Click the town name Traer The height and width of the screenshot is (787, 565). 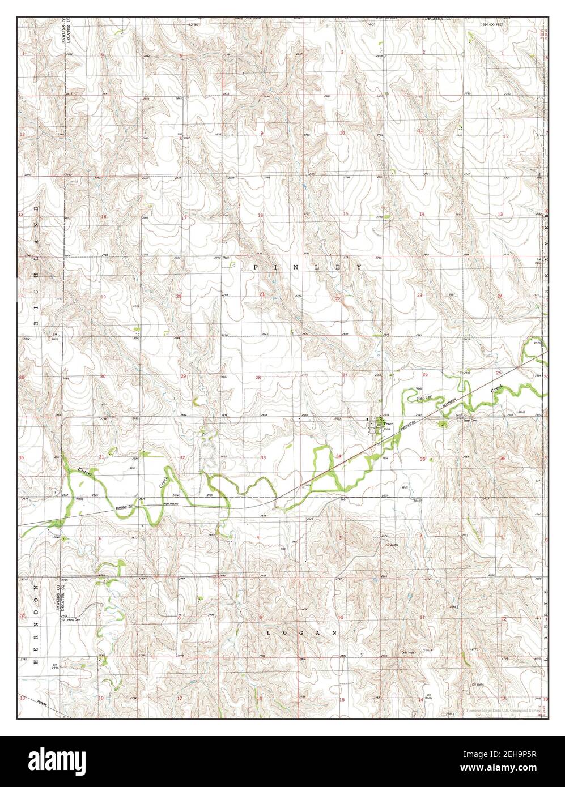[x=388, y=424]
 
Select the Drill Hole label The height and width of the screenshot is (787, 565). [x=409, y=653]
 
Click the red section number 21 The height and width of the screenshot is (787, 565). [x=262, y=294]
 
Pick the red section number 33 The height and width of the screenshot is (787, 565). [x=262, y=457]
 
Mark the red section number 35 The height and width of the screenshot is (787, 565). [x=422, y=459]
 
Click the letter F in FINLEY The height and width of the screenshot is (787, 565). [x=255, y=267]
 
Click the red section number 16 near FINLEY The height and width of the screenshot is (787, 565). [x=261, y=215]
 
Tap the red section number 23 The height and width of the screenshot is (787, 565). [x=420, y=296]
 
